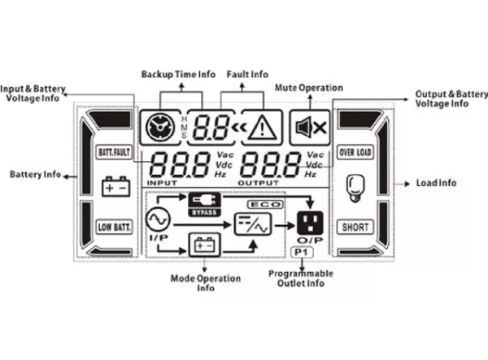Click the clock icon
(x=160, y=128)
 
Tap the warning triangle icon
(x=262, y=128)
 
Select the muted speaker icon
(x=311, y=128)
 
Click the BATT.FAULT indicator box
(x=114, y=152)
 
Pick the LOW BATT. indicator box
(x=114, y=227)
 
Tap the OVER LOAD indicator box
(x=355, y=152)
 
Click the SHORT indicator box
(x=355, y=227)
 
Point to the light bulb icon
(x=355, y=189)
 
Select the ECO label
(x=265, y=205)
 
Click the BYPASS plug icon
(x=204, y=205)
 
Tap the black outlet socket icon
(x=310, y=223)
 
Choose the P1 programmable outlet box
(x=302, y=253)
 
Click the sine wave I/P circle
(x=158, y=219)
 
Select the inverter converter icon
(x=252, y=224)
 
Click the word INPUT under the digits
(x=162, y=183)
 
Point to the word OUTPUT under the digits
(x=259, y=183)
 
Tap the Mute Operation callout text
(x=309, y=88)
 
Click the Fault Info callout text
(x=247, y=75)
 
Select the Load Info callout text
(x=436, y=183)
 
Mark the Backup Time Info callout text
(x=178, y=75)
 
